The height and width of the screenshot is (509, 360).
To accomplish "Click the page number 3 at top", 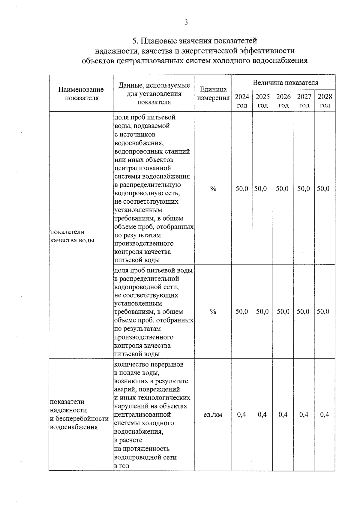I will point(186,22).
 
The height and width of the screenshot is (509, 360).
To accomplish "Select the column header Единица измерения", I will point(213,94).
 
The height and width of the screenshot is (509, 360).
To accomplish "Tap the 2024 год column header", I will point(242,101).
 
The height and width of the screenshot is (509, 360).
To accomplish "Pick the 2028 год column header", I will point(325,101).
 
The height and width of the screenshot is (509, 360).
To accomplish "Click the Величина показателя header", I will point(285,82).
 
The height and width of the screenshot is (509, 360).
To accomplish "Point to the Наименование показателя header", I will point(81,94).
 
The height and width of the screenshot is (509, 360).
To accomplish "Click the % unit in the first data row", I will point(213,189).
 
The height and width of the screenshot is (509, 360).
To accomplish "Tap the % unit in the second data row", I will point(213,312).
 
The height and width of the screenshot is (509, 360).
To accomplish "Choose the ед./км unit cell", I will point(213,415).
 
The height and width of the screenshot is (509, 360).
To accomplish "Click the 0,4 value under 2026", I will point(283,415).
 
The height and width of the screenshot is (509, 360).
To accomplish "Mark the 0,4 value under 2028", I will point(325,415).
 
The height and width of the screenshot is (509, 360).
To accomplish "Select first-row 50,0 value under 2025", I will point(260,189).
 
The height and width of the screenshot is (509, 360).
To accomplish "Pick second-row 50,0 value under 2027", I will point(303,312).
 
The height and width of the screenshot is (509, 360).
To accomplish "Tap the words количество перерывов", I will point(149,364).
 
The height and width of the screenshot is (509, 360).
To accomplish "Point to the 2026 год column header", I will point(283,101).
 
